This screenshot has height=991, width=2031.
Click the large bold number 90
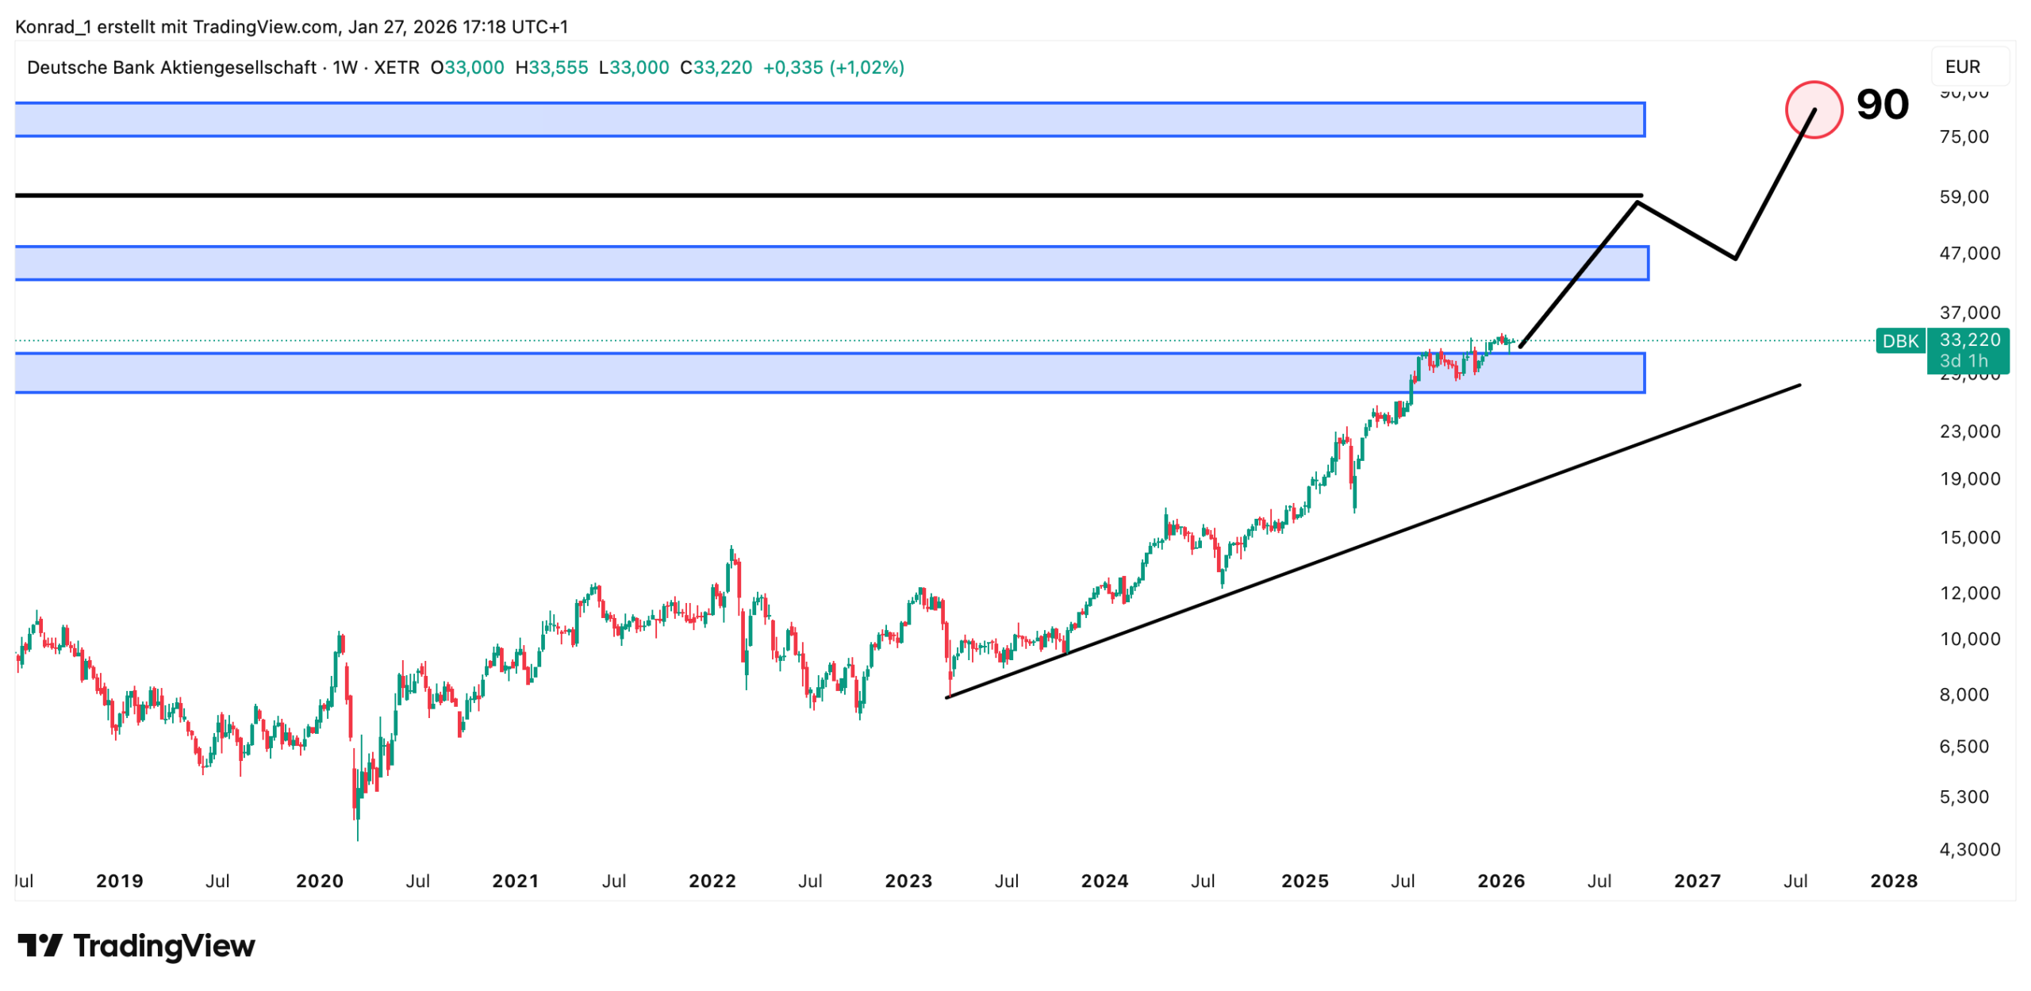[x=1882, y=105]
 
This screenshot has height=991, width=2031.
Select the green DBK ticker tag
[x=1900, y=341]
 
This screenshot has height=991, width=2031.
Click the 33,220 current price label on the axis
[x=1970, y=340]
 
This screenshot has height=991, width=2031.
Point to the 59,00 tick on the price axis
[x=1964, y=197]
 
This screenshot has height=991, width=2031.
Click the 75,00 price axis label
[x=1964, y=136]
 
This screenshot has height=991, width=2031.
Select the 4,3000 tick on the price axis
[x=1969, y=850]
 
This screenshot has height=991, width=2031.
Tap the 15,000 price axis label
[x=1969, y=538]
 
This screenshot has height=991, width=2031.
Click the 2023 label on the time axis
[x=908, y=882]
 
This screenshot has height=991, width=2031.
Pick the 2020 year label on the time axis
[x=320, y=882]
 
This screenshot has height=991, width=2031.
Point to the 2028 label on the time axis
[x=1893, y=882]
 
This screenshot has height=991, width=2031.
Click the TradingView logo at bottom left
[x=136, y=946]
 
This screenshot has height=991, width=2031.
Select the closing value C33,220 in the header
[x=716, y=67]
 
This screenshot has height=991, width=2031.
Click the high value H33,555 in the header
[x=551, y=67]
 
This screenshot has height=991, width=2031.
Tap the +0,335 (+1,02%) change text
[x=833, y=67]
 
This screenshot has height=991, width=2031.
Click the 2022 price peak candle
[x=731, y=550]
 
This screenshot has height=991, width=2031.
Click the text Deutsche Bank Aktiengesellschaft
[x=171, y=67]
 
